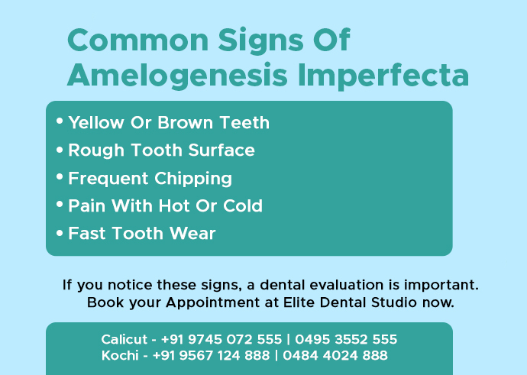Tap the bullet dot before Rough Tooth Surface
(x=60, y=149)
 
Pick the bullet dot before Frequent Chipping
(x=60, y=176)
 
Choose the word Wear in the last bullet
(x=192, y=234)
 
